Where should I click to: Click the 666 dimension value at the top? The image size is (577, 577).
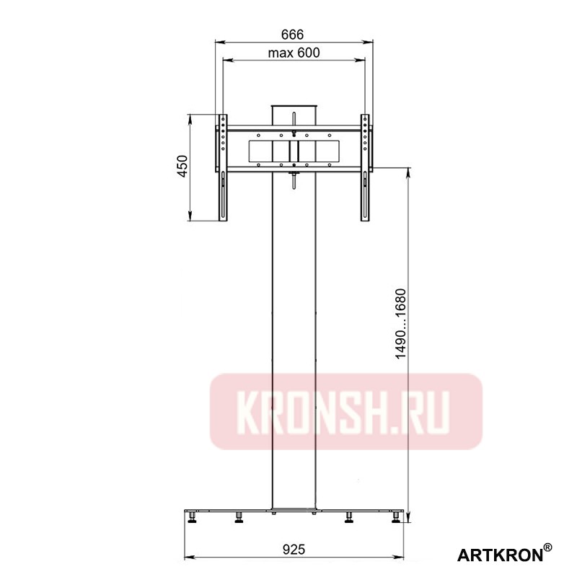coord(294,34)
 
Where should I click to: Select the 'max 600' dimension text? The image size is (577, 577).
coord(294,52)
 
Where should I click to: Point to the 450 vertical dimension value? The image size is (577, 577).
coord(182,166)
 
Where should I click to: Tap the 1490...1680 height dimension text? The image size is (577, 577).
coord(402,325)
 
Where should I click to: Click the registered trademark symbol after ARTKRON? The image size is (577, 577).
coord(548,549)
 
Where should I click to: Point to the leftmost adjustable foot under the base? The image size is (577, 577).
coord(193,516)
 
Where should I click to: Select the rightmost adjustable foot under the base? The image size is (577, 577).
coord(396,516)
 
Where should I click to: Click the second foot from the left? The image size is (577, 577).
coord(239,516)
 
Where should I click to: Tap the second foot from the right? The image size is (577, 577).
coord(350,516)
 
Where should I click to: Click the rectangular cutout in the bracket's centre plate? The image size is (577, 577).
coord(294,150)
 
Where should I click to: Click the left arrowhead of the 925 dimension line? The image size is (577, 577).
coord(189,558)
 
